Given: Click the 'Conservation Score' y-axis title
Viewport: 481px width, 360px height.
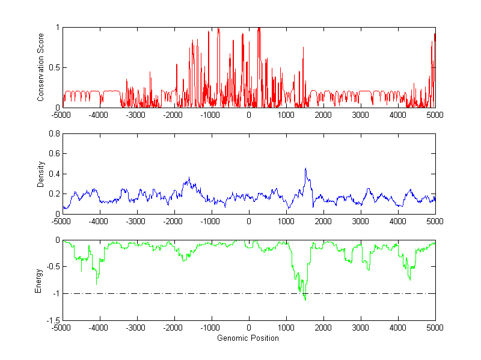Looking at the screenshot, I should [x=41, y=67].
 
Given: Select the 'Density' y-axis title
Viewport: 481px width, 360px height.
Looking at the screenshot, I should [x=41, y=174].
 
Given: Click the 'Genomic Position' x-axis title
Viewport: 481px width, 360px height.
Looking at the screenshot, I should [x=248, y=338].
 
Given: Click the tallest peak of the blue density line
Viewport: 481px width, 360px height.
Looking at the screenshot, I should [x=305, y=168].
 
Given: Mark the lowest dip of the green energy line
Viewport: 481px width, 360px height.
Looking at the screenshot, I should [x=305, y=299].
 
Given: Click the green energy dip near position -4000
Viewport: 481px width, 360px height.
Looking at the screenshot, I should [x=97, y=284].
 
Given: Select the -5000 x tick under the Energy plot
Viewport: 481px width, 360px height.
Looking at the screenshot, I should [x=61, y=328].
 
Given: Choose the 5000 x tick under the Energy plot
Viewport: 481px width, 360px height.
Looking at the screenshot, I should [x=435, y=328].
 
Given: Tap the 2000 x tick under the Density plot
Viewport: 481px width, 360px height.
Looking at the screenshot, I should [x=323, y=221].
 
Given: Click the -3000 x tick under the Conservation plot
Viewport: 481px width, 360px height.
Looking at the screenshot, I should [x=136, y=114].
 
